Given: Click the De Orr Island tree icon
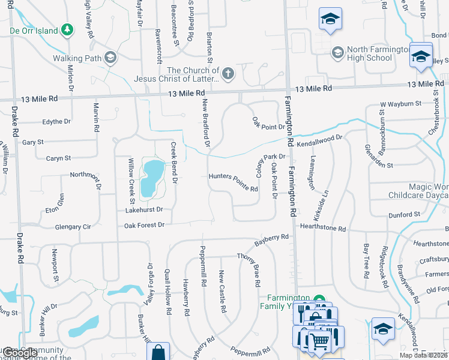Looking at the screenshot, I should click(68, 30).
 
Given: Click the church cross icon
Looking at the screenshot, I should click(228, 74).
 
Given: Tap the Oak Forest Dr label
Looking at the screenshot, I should click(144, 225).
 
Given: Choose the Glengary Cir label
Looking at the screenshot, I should click(72, 227).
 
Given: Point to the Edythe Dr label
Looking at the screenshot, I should click(56, 121).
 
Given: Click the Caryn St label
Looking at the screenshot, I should click(59, 158).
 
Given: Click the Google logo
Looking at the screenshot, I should click(20, 353).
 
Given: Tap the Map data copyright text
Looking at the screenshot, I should click(424, 355).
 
